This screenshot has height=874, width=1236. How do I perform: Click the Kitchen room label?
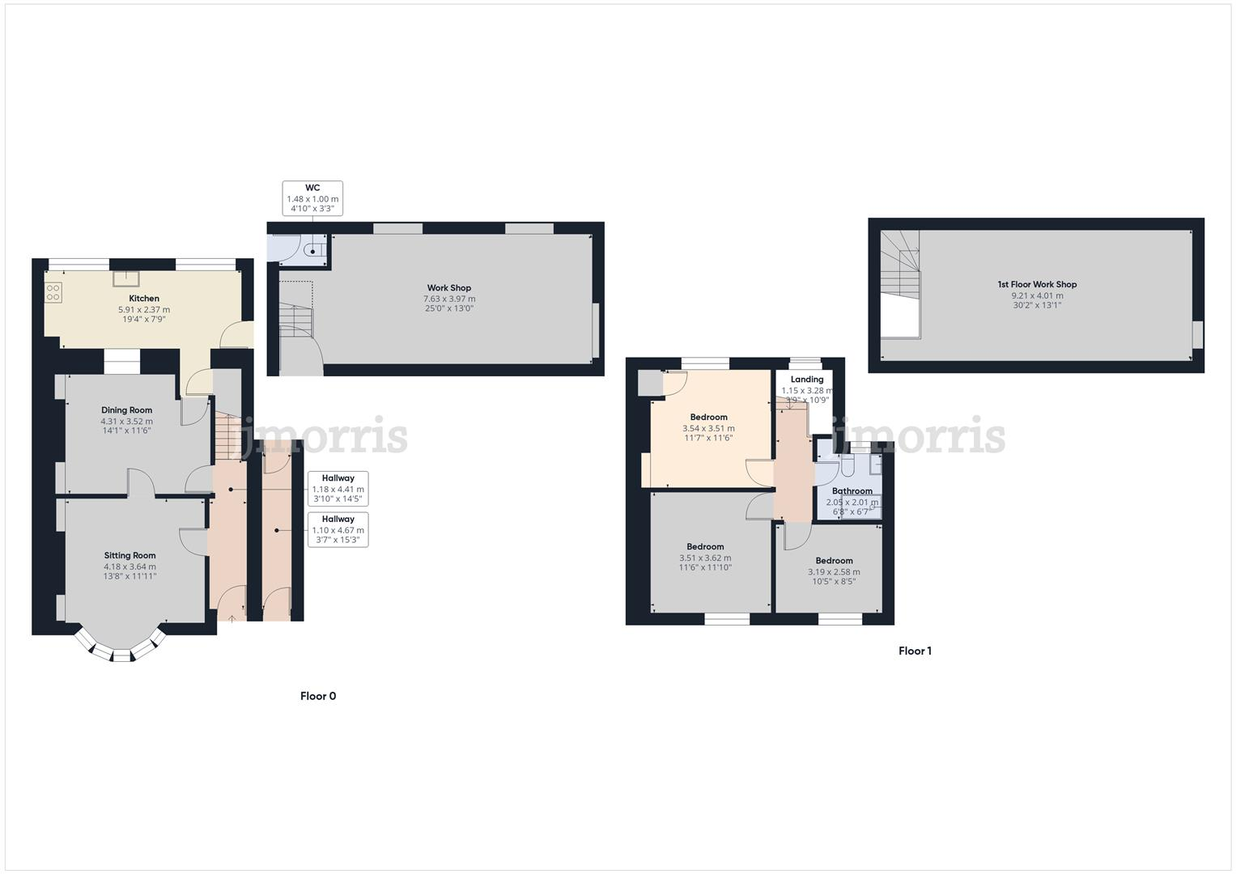[x=144, y=299]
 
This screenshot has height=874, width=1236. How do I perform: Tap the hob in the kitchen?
[x=53, y=292]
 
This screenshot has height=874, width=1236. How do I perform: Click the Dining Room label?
[x=126, y=410]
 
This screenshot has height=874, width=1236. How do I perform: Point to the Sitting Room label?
[x=130, y=555]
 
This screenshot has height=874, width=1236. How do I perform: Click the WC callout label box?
[x=312, y=198]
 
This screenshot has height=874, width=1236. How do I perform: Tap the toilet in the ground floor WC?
[x=312, y=251]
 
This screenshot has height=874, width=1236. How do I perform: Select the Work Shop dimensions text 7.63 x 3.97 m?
[x=449, y=299]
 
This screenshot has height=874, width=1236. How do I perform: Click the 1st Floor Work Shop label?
[x=1037, y=284]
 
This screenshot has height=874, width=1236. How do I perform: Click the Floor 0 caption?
[x=318, y=696]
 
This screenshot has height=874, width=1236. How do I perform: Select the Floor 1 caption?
[x=915, y=651]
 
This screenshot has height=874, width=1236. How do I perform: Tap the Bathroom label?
[x=852, y=491]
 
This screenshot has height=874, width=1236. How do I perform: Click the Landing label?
[x=807, y=380]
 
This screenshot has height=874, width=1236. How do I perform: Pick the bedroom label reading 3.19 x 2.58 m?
[x=834, y=571]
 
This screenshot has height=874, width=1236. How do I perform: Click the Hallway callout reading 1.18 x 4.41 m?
[x=338, y=489]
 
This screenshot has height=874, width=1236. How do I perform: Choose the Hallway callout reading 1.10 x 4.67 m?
[x=338, y=530]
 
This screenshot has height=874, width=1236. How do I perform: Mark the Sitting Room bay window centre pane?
[x=121, y=655]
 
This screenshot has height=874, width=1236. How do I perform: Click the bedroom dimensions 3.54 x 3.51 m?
[x=708, y=428]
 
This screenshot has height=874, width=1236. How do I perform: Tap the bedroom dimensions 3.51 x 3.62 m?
[x=705, y=558]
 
